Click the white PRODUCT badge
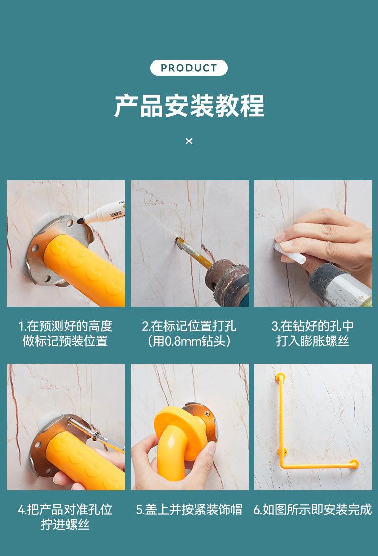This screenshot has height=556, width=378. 188,68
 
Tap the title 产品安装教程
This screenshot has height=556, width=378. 189,106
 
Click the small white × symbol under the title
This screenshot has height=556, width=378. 189,141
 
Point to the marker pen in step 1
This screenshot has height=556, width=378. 101,213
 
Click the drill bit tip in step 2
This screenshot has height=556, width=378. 177,241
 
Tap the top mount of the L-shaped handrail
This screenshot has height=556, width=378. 280,377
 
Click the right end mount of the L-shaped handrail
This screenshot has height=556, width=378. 353,464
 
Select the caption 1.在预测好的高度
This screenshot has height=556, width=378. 65,326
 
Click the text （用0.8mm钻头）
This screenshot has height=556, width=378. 189,341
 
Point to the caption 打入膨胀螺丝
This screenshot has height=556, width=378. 313,341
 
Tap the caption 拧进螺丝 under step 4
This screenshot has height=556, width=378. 65,524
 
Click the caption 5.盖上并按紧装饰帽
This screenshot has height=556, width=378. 189,510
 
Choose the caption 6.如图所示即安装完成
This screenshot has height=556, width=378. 313,510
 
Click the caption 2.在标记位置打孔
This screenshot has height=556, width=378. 189,326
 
